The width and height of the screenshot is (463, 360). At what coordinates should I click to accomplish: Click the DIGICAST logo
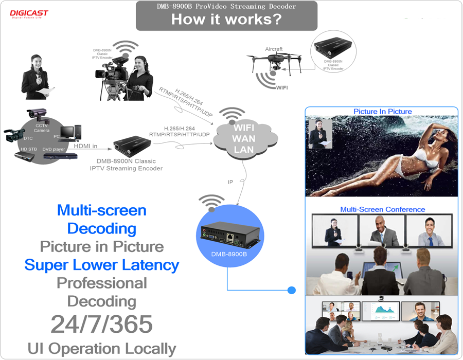click(29, 13)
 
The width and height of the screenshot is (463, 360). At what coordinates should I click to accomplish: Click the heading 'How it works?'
click(227, 20)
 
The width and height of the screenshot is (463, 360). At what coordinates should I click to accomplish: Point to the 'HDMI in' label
click(85, 146)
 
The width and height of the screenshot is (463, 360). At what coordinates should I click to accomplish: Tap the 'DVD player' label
click(54, 149)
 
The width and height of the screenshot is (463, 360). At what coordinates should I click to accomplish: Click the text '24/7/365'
click(101, 323)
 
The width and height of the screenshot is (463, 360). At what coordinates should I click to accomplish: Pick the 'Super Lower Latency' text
click(101, 265)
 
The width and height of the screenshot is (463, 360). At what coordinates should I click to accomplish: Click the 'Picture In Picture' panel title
click(382, 112)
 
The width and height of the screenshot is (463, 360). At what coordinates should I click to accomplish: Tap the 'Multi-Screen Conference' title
click(382, 209)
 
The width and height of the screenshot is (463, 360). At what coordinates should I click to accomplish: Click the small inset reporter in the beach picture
click(320, 133)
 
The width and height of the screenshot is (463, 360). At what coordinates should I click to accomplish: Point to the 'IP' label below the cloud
click(231, 182)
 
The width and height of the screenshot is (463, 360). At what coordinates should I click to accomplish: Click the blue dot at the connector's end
click(292, 291)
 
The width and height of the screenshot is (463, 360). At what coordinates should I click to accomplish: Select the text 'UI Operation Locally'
click(102, 349)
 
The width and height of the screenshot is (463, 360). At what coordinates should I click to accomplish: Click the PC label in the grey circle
click(57, 136)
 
